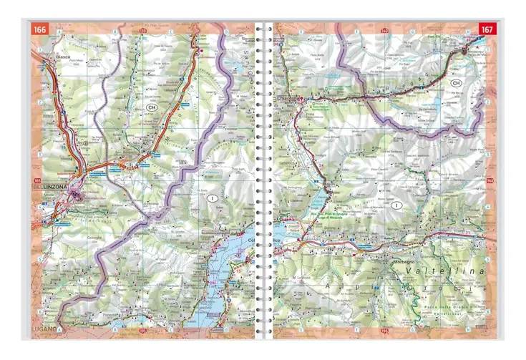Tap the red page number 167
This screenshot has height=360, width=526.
(487, 29)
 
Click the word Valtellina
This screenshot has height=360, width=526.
(444, 273)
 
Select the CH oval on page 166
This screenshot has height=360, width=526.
(150, 107)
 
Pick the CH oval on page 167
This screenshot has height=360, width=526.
(455, 84)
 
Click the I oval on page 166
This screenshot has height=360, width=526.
(212, 196)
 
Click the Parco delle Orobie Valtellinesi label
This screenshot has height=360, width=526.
(457, 308)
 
